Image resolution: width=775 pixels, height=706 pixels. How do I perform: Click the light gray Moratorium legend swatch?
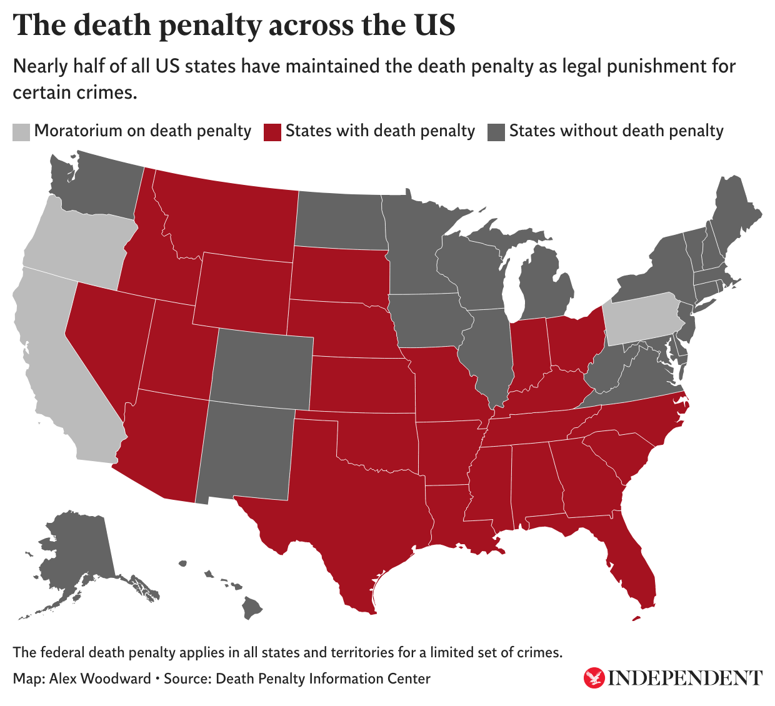[x=21, y=132]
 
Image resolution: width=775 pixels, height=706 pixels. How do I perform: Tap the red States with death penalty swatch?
[x=272, y=132]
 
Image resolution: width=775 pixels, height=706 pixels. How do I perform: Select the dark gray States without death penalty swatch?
[x=496, y=132]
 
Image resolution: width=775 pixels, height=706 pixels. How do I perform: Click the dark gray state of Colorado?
[x=261, y=369]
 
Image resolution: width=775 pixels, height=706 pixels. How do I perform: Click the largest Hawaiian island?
[x=252, y=606]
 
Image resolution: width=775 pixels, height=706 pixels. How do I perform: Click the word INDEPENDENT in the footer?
[x=685, y=678]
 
